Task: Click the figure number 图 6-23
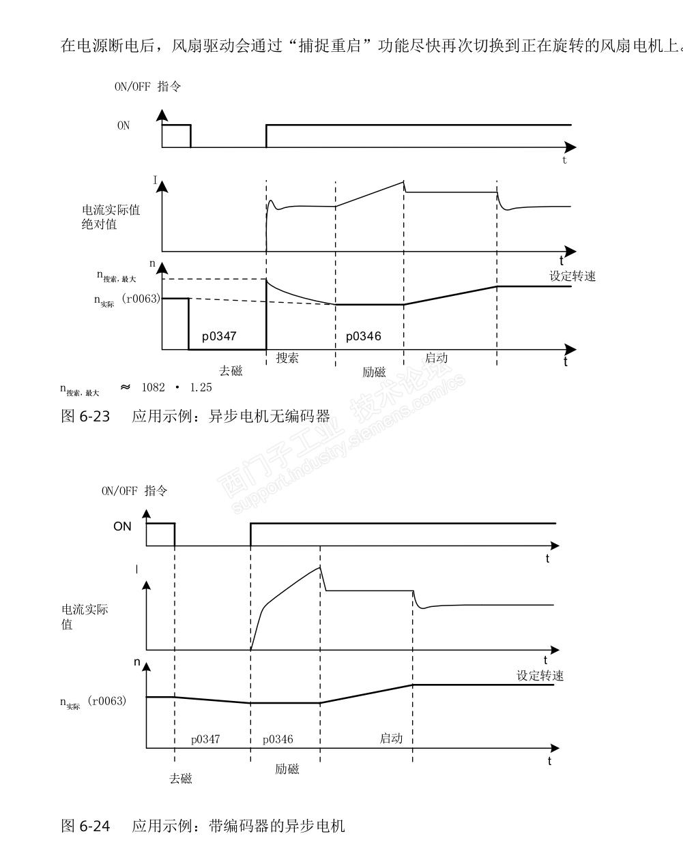[85, 416]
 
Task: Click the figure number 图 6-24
[85, 826]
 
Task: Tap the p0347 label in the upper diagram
[219, 336]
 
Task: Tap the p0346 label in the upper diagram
[363, 336]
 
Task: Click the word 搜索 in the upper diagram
[287, 358]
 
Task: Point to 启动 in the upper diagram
[437, 358]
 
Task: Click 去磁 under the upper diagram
[231, 372]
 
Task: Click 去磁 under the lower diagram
[181, 779]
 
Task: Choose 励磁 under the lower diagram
[287, 769]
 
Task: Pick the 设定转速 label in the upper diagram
[572, 276]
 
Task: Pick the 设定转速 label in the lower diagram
[540, 676]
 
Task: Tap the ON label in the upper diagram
[123, 126]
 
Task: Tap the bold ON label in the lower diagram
[122, 526]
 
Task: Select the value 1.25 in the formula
[201, 387]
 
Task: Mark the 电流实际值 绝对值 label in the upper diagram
[111, 217]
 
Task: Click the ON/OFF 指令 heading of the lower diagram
[134, 491]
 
